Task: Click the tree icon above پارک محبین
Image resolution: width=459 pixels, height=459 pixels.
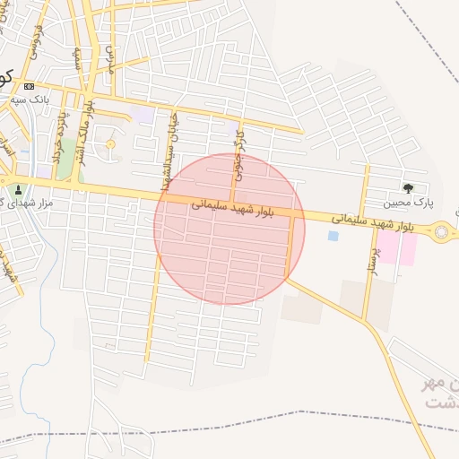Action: tap(409, 188)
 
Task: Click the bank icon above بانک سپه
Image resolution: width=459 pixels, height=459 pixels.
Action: tap(30, 86)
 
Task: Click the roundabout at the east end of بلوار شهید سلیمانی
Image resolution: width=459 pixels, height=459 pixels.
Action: tap(441, 233)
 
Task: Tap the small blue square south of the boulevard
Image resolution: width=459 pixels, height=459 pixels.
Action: tap(333, 236)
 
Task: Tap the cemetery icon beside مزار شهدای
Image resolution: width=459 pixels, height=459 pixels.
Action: tap(19, 189)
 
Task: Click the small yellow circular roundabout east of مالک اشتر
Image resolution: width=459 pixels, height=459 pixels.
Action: tap(110, 144)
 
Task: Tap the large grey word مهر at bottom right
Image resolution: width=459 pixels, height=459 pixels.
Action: tap(442, 384)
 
